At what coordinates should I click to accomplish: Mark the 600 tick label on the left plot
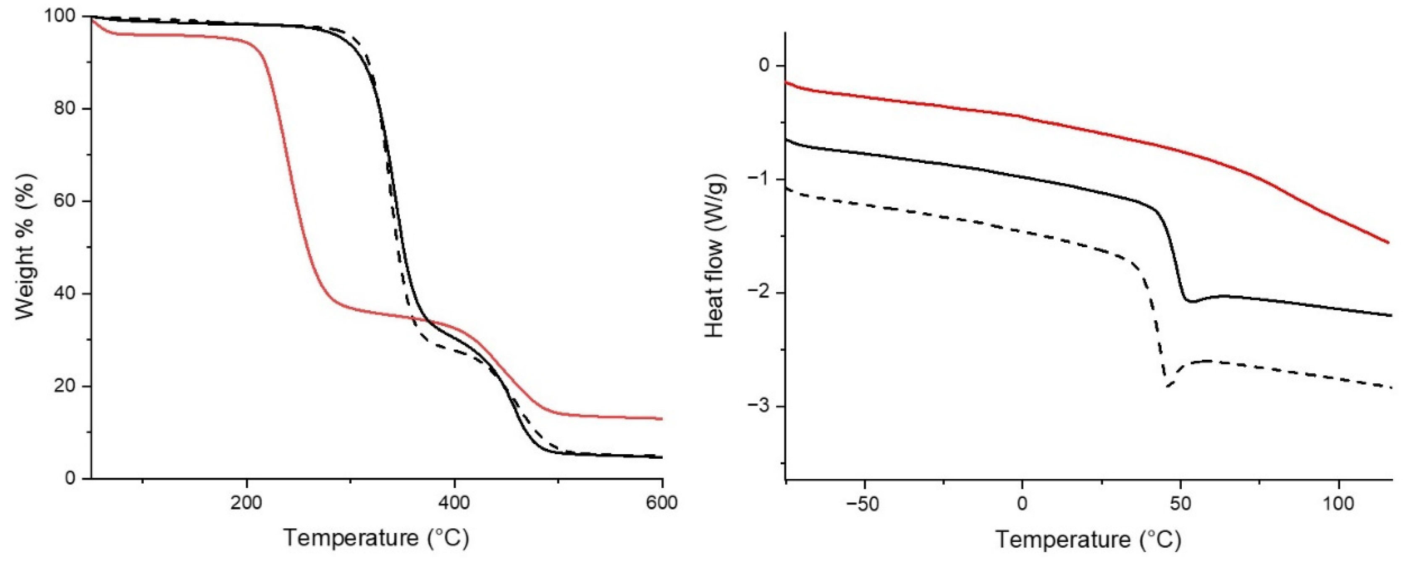coord(662,502)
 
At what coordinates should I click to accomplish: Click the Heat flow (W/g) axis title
coord(715,256)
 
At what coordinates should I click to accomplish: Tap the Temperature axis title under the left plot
coord(376,538)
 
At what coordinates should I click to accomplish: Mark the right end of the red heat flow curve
coord(1389,243)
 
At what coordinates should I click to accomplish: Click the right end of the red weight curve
coord(661,419)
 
